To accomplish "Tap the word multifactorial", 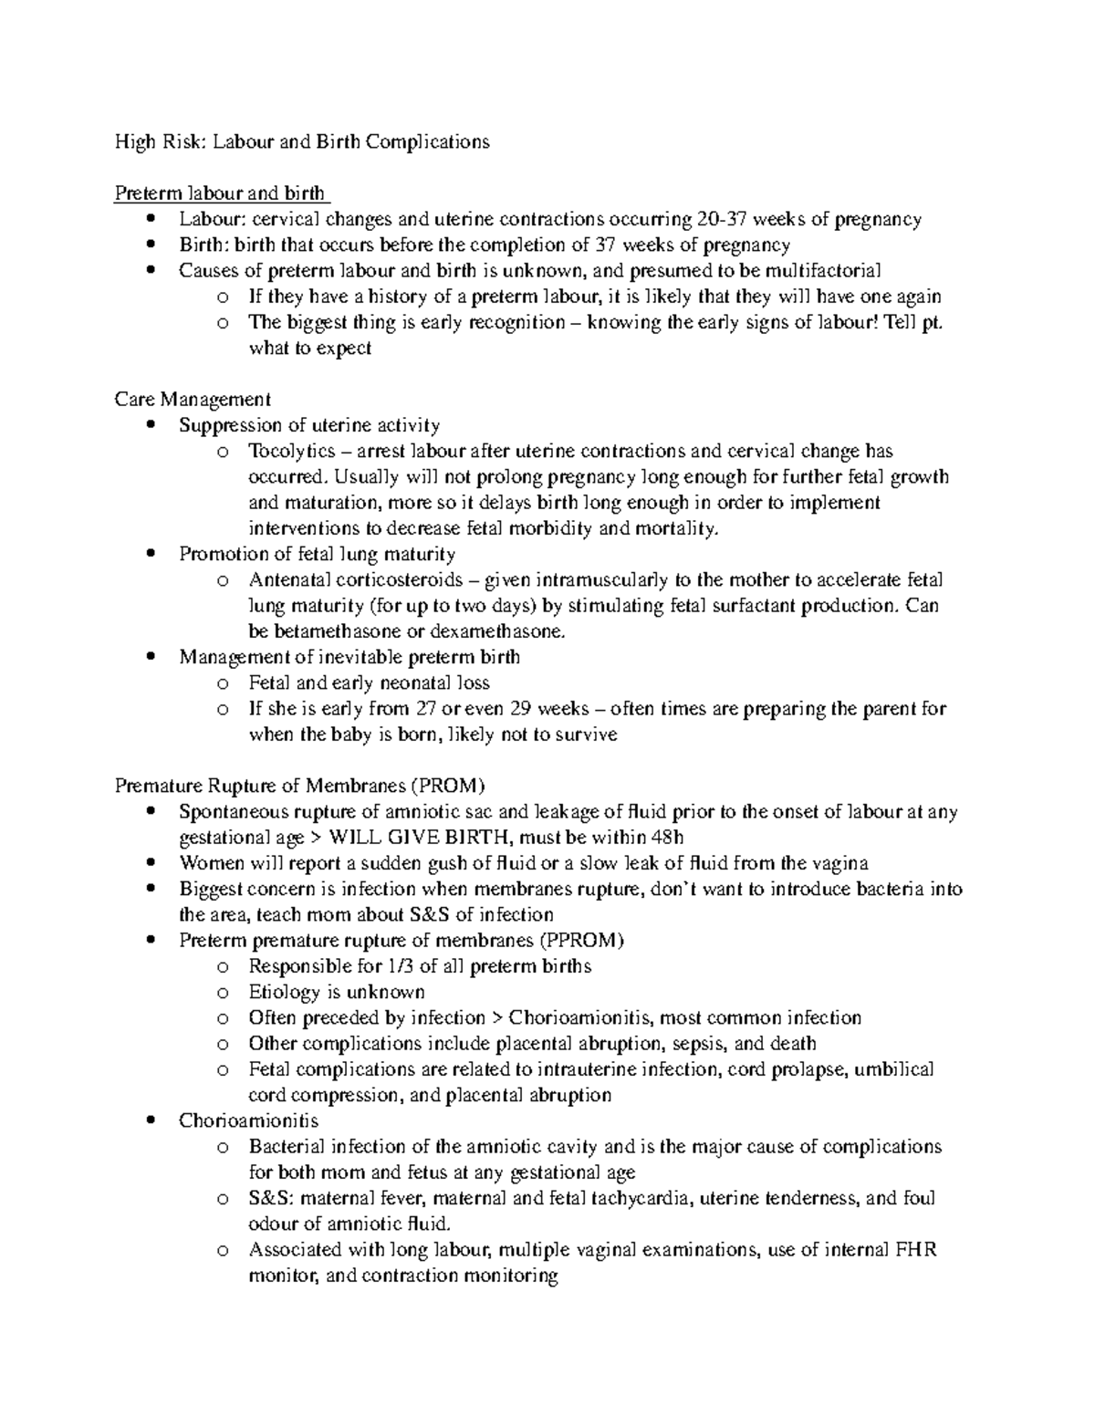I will coord(823,271).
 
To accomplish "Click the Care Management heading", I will coord(193,400).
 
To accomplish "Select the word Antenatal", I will coord(289,580).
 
